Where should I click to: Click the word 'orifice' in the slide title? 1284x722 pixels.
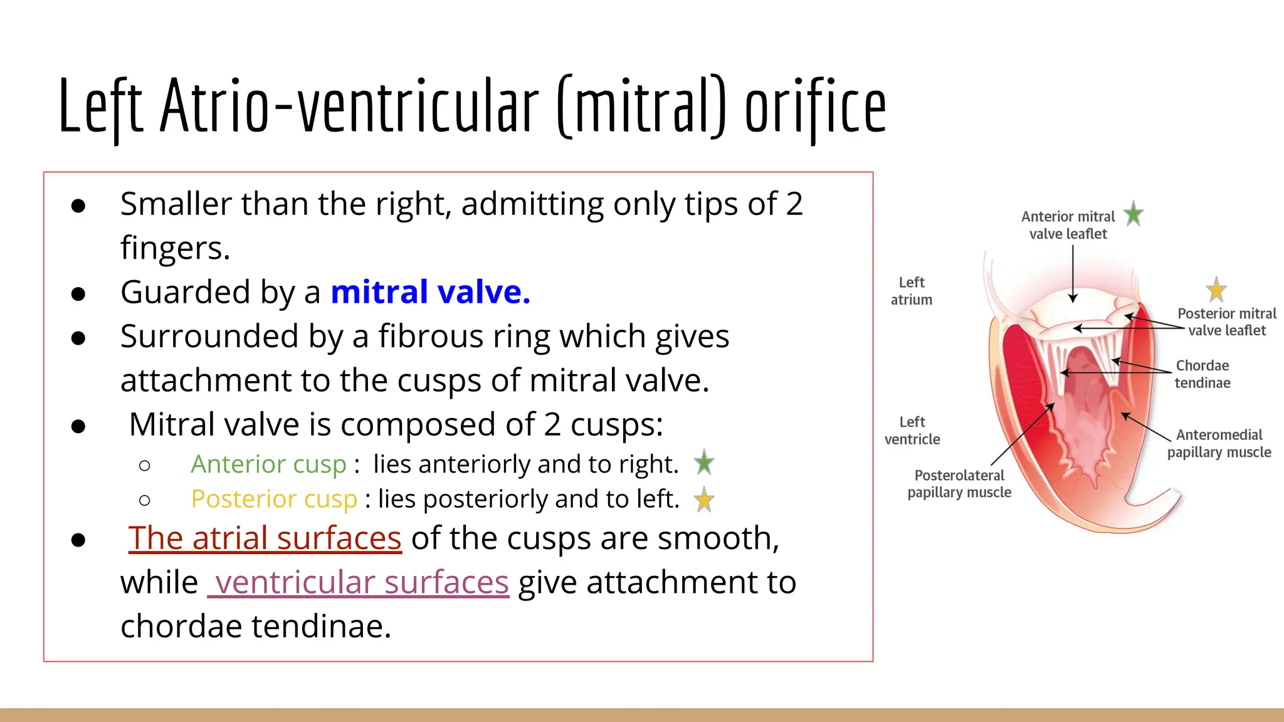pos(815,107)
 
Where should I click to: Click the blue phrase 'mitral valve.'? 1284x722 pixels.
pos(430,292)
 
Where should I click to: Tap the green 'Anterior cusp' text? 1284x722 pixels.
pos(268,464)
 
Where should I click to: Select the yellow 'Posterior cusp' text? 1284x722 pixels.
pos(274,500)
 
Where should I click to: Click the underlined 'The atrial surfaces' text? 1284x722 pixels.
pos(265,538)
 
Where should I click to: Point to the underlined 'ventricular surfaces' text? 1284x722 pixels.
pos(359,583)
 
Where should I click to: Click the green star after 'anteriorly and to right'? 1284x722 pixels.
pos(704,463)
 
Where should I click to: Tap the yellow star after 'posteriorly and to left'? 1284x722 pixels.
pos(704,500)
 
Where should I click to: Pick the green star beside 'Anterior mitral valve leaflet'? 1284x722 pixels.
pos(1133,214)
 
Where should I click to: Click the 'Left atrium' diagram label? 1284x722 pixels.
pos(912,291)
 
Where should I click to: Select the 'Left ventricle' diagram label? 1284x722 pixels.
pos(912,431)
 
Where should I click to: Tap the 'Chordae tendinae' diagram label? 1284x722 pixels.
pos(1202,374)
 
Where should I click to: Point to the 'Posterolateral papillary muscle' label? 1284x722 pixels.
pos(959,484)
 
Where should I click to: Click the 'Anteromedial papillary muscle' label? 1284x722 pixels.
pos(1219,444)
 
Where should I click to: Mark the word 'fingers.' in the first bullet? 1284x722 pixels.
pos(176,248)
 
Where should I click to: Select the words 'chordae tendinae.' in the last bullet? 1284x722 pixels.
pos(256,627)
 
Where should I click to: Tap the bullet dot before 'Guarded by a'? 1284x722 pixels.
pos(78,293)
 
